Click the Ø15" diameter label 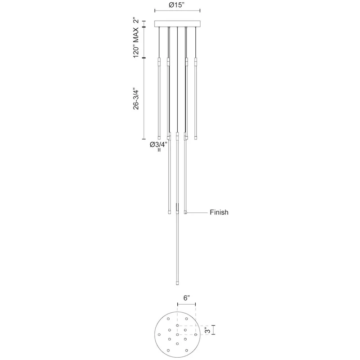pyautogui.click(x=177, y=5)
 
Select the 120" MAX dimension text pyautogui.click(x=136, y=42)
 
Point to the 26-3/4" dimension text pyautogui.click(x=136, y=99)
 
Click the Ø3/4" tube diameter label pyautogui.click(x=158, y=144)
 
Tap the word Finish pyautogui.click(x=219, y=212)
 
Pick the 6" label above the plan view pyautogui.click(x=186, y=298)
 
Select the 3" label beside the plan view pyautogui.click(x=207, y=331)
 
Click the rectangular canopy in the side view pyautogui.click(x=177, y=24)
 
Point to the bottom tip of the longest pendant pyautogui.click(x=177, y=285)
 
